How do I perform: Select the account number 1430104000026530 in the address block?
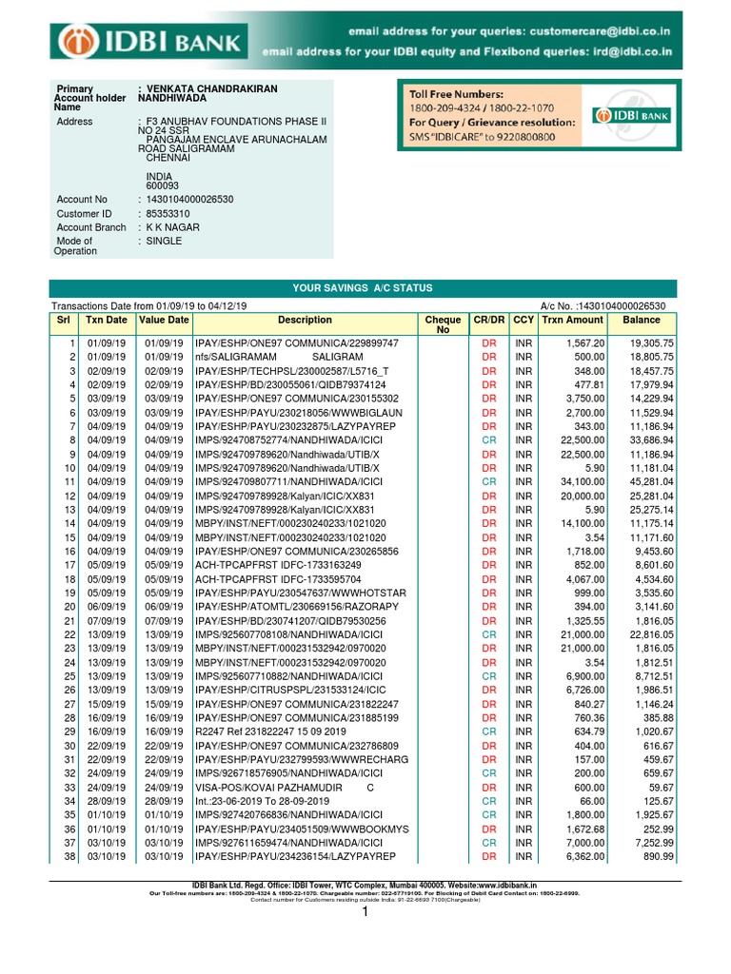pyautogui.click(x=189, y=200)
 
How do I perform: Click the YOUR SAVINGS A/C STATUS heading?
pyautogui.click(x=362, y=288)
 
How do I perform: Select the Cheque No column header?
pyautogui.click(x=443, y=325)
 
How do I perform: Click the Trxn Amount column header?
pyautogui.click(x=572, y=321)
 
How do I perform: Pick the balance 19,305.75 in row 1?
pyautogui.click(x=648, y=342)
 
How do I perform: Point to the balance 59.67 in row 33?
pyautogui.click(x=657, y=788)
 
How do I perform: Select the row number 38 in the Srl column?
pyautogui.click(x=68, y=857)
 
